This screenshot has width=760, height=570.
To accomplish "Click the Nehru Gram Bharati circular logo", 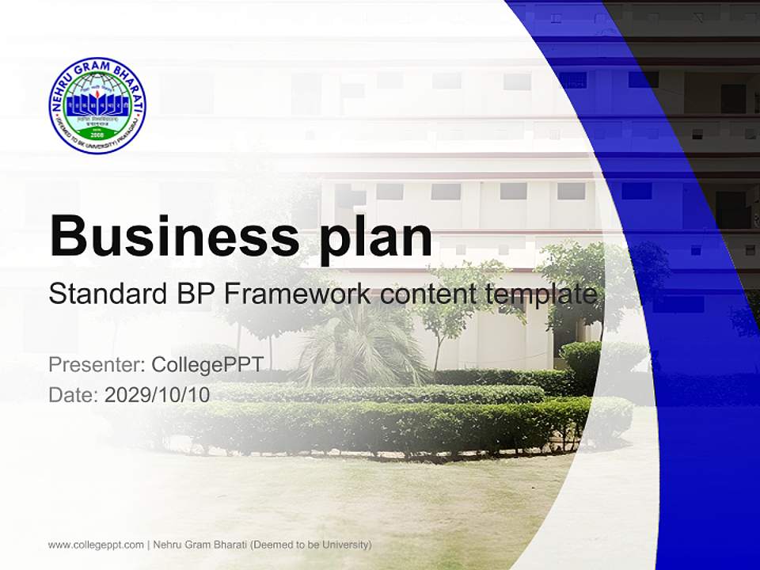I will click(97, 106).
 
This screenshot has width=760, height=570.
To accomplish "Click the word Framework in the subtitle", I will click(298, 294).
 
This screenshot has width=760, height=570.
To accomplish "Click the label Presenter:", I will click(96, 365).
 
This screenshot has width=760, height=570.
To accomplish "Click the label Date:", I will click(73, 394).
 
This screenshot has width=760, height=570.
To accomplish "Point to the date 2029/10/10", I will click(158, 394).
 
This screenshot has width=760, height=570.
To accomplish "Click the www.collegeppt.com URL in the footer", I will click(96, 545).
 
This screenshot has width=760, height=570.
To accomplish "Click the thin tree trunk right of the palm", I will click(436, 349).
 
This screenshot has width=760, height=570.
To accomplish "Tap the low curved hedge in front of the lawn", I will click(380, 428).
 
